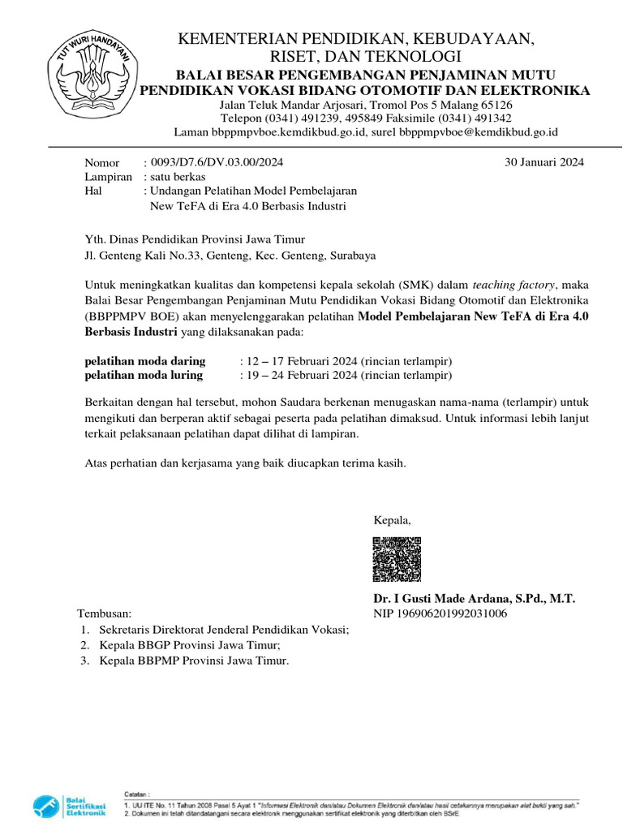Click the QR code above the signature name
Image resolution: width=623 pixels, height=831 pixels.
[x=397, y=560]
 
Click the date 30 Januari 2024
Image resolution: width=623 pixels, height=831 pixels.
[x=544, y=162]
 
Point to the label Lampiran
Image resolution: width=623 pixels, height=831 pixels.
[x=109, y=176]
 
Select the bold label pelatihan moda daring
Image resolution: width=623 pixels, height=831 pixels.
[x=145, y=360]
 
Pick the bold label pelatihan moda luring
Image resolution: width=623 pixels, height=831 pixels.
[x=144, y=375]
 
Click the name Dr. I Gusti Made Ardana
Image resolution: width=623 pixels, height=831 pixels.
[x=442, y=598]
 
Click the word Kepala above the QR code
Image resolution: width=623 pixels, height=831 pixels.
[x=392, y=520]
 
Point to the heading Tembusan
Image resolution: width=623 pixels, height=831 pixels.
[x=103, y=614]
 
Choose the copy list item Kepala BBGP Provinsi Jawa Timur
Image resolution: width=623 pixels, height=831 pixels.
[x=190, y=645]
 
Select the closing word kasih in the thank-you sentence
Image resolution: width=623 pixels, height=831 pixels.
[x=389, y=463]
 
